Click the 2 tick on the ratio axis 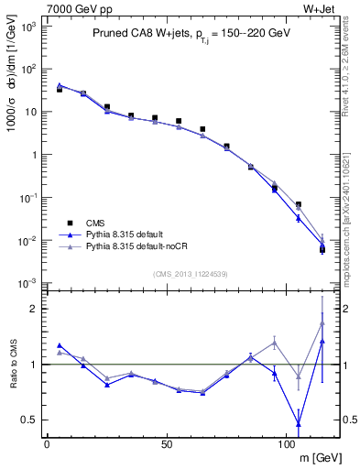(31, 309)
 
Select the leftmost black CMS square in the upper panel (60, 90)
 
